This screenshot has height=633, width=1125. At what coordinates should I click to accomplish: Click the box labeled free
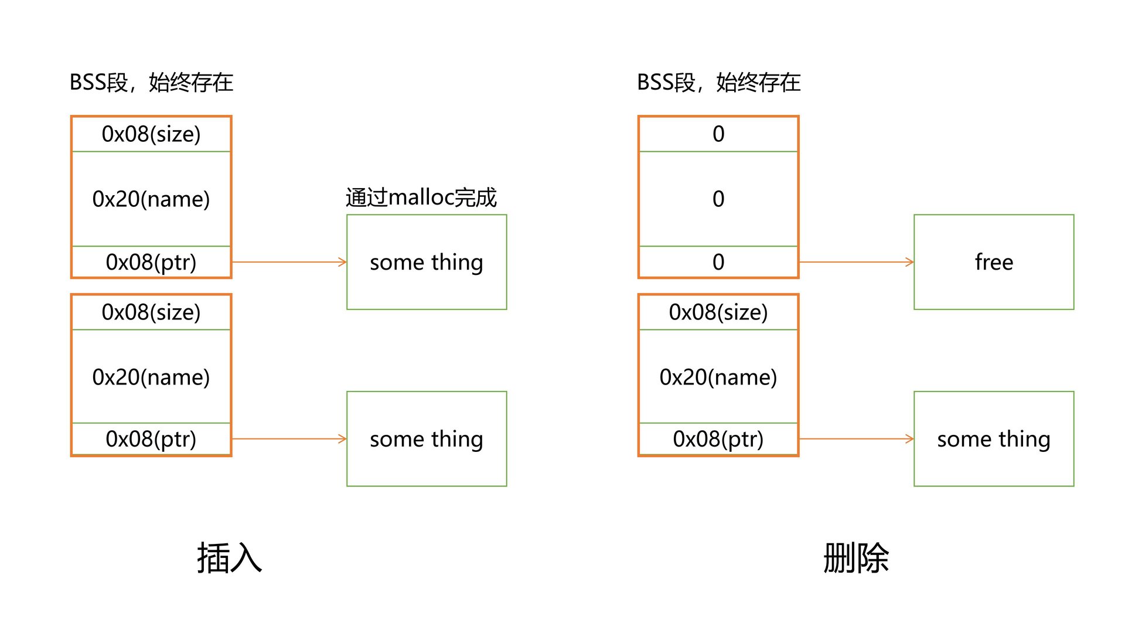point(993,262)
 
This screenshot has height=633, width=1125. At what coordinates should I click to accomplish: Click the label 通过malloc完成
point(421,198)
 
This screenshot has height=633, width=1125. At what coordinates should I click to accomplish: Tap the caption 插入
point(229,558)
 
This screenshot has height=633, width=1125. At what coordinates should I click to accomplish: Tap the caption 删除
point(855,558)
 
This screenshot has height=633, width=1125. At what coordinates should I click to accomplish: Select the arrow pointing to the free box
point(856,262)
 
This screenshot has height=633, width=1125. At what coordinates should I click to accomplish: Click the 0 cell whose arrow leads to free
point(718,262)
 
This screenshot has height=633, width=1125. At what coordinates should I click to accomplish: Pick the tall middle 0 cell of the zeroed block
point(718,199)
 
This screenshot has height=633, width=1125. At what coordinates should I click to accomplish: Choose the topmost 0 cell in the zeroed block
point(718,134)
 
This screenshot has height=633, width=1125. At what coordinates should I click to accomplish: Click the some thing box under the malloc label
point(427,262)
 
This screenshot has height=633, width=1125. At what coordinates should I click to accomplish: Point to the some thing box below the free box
point(993,439)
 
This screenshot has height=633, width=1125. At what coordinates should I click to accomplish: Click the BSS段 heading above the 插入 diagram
point(151,83)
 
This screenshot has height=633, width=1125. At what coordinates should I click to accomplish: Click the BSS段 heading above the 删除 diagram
point(718,83)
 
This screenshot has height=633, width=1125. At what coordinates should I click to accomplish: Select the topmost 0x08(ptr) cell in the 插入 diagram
point(151,262)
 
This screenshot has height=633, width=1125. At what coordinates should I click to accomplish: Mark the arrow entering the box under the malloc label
point(289,262)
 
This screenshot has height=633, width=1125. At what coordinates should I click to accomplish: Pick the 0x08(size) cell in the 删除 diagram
point(718,312)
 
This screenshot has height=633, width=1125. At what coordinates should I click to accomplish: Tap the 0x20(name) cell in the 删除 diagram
point(718,377)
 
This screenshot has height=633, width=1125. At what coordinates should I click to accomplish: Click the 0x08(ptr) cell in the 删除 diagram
point(718,439)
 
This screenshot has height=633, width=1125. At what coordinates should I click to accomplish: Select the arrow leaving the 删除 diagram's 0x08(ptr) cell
point(856,439)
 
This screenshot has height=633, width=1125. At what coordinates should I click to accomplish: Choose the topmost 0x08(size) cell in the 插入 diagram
point(151,134)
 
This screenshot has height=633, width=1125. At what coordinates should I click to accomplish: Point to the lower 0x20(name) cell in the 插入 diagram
point(151,377)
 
